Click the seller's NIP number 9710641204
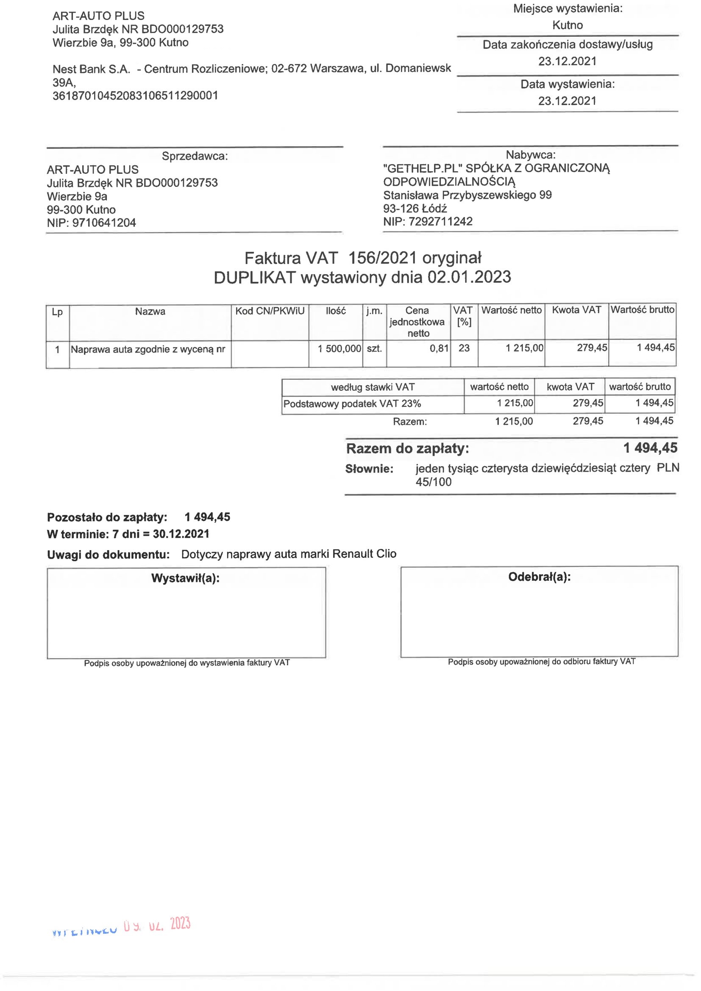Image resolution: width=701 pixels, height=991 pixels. point(103,223)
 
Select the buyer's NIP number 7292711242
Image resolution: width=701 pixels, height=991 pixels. point(440,221)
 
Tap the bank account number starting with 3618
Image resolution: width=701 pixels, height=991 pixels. point(135,95)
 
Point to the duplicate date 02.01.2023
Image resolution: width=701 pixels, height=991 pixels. point(469,277)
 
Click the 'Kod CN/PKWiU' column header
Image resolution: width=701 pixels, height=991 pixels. point(270,311)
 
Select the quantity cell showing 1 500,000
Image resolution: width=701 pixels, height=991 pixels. point(339,348)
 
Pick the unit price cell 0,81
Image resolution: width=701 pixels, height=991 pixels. point(439,348)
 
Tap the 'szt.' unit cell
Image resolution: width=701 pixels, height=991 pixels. point(374,348)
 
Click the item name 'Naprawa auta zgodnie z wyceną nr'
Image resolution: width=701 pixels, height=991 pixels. point(148,349)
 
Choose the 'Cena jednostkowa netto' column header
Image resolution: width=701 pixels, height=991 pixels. point(417,322)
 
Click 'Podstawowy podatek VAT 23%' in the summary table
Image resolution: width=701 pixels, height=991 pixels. point(352,404)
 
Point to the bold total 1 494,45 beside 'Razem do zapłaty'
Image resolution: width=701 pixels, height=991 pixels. point(650,448)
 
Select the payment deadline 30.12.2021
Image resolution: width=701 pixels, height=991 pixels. point(181,534)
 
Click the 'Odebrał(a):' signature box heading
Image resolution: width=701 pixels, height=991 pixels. point(539,576)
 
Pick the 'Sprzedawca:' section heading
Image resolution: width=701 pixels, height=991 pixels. point(195,156)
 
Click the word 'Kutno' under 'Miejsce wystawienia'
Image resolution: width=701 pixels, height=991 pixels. point(567,25)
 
